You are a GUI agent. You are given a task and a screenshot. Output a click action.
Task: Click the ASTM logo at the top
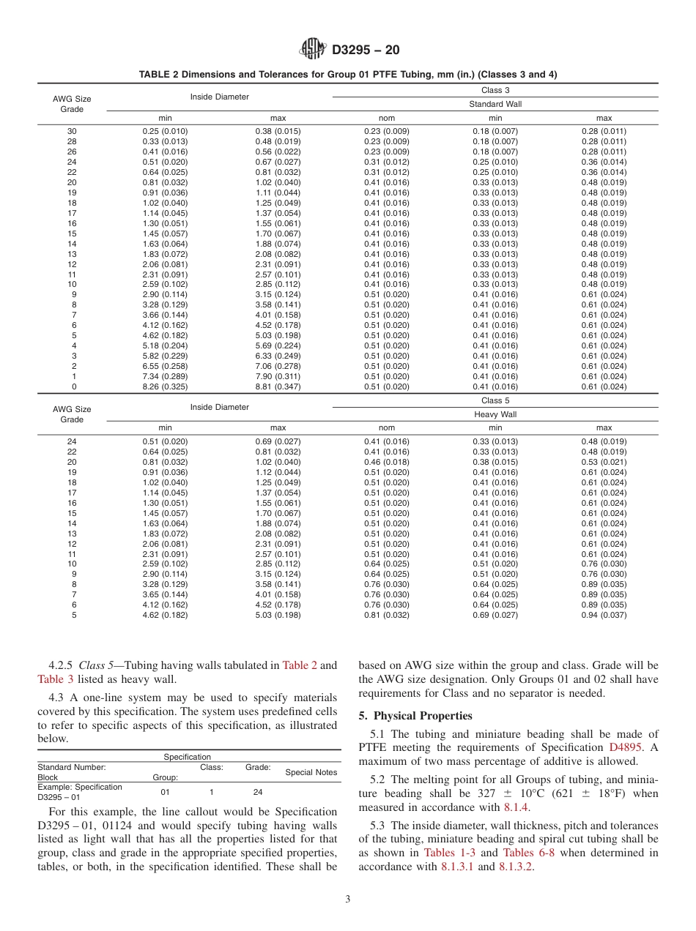[313, 51]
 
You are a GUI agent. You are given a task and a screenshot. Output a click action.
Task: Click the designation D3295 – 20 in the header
[366, 51]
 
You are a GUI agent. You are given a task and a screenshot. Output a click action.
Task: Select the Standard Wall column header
[495, 104]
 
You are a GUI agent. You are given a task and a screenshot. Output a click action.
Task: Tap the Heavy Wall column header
[495, 414]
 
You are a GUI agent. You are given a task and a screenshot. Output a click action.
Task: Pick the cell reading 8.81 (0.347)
[278, 386]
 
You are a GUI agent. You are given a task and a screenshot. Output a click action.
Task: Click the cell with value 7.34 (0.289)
[165, 376]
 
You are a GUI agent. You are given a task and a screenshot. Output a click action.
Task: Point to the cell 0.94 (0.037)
[604, 616]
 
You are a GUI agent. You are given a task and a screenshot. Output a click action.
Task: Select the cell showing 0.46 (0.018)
[386, 462]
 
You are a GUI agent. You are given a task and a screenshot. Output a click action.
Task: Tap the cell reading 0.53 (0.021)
[604, 462]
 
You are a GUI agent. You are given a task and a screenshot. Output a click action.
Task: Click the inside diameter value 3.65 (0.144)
[165, 595]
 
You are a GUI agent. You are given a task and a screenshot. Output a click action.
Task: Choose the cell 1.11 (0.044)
[278, 192]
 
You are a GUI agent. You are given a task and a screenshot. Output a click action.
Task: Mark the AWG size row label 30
[72, 131]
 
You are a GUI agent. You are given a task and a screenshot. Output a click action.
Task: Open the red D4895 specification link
[623, 747]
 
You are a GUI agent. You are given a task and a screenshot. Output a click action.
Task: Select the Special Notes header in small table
[311, 772]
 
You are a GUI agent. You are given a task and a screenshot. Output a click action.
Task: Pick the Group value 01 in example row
[165, 791]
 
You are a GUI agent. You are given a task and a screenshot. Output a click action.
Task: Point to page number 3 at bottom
[348, 900]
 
